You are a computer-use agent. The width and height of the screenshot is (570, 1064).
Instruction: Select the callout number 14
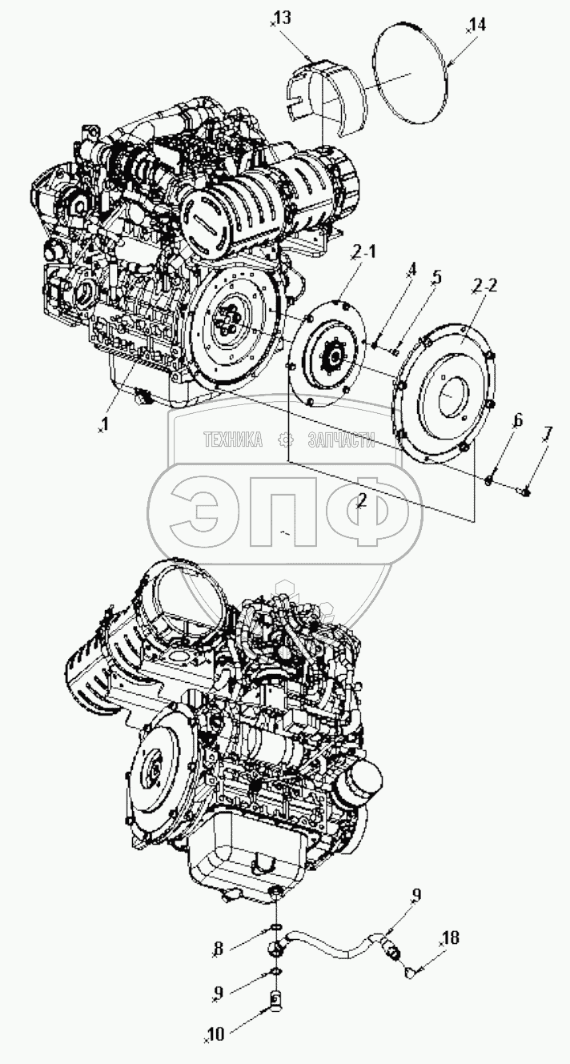pos(478,25)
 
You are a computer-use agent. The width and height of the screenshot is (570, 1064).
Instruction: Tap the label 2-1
pos(363,253)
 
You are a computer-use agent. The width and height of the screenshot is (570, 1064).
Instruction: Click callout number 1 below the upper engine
pos(104,424)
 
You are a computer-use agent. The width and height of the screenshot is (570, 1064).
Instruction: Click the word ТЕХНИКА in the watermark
pos(233,440)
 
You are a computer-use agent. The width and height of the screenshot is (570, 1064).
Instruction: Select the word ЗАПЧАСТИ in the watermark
pos(341,440)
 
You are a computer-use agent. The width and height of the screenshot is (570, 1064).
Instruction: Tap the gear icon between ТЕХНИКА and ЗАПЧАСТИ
pos(285,440)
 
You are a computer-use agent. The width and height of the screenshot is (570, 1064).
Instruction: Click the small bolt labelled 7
pos(525,493)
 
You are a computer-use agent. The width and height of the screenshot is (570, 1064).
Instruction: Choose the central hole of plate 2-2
pos(449,396)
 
